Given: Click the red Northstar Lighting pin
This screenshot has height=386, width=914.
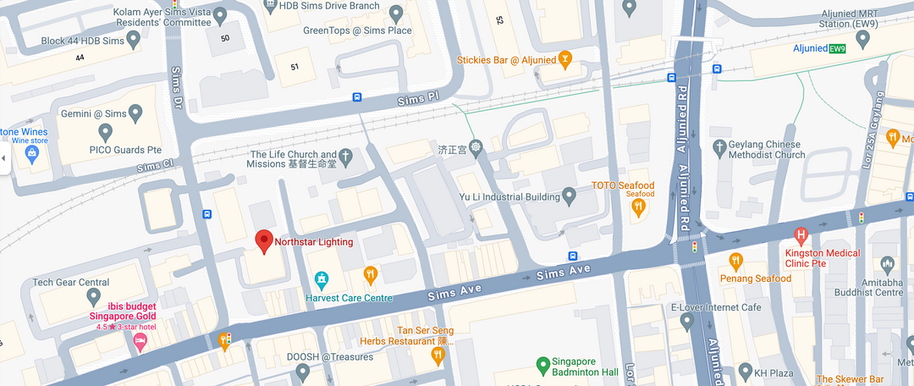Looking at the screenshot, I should coord(264,241).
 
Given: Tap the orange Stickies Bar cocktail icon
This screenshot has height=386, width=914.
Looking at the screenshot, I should coord(565,59).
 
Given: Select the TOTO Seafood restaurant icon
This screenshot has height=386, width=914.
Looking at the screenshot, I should coord(641,204).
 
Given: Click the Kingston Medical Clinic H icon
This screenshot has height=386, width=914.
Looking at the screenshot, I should coord(801,234).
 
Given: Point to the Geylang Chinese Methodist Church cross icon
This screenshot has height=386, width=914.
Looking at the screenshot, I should coord(720,146).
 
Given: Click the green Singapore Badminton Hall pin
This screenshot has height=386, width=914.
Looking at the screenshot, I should coord(545,365).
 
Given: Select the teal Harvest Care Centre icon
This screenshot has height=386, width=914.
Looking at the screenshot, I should coord(322,278).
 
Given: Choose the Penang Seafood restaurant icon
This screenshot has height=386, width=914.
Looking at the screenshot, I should coord(736,260).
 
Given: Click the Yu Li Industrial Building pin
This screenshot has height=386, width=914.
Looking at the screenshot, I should coord(570,196).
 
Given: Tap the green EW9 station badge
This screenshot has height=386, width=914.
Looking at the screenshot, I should coord(837,48).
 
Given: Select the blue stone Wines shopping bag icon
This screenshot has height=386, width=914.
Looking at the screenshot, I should coord(32,154).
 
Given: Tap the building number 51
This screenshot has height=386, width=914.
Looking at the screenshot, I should coord(295,67).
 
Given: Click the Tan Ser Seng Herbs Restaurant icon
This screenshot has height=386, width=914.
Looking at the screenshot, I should coord(438,355).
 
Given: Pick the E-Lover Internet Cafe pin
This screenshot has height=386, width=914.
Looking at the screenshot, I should coord(687,322).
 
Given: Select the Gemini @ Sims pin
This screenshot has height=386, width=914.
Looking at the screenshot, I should coord(105,132).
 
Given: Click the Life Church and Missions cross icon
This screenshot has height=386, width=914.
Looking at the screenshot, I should coord(345,157).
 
